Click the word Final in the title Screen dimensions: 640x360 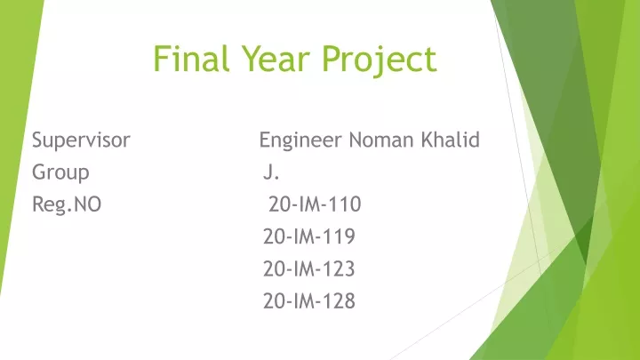(191, 59)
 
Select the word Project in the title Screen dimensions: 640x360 (380, 60)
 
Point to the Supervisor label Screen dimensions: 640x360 (81, 140)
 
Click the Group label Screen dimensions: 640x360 (60, 172)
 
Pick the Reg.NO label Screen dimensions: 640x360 (67, 204)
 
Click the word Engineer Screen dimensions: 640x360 (300, 140)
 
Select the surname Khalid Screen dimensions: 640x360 (451, 140)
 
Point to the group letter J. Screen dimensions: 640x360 (271, 172)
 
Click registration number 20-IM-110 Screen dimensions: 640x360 (315, 204)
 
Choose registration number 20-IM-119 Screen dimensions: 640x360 (309, 236)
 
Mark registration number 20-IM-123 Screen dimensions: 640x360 (309, 268)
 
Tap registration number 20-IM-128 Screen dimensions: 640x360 (309, 300)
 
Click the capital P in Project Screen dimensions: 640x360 (332, 59)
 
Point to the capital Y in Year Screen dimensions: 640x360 (251, 59)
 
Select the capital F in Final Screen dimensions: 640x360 (161, 59)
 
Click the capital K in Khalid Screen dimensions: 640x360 (428, 140)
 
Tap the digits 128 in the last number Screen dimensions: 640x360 (339, 300)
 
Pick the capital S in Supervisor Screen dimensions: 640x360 (37, 140)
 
